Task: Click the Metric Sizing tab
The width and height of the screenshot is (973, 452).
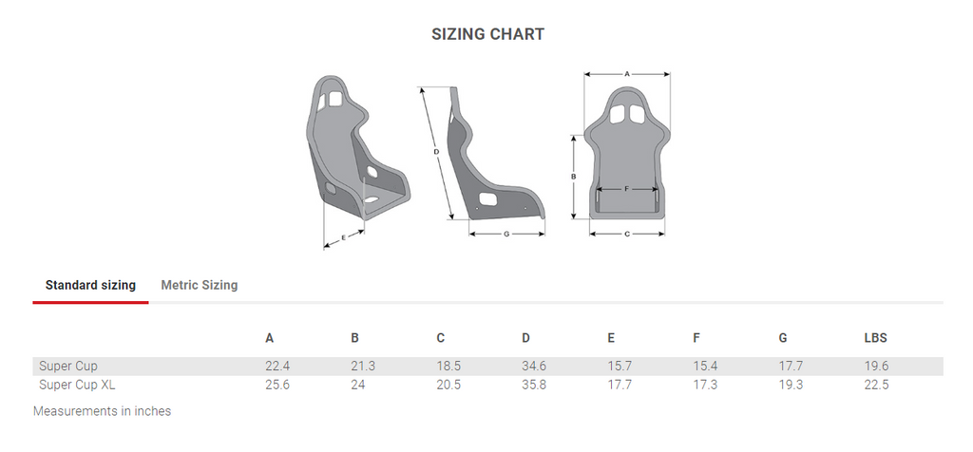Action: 200,285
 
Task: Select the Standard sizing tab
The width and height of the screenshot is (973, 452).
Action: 90,285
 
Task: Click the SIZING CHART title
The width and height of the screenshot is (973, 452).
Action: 487,34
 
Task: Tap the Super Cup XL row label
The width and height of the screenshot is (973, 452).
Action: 77,385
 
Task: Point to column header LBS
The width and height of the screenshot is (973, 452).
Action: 875,338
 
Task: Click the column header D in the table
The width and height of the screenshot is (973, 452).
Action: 525,338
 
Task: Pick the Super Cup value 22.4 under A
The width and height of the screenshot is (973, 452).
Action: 277,366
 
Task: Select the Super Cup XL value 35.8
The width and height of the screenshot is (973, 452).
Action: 534,385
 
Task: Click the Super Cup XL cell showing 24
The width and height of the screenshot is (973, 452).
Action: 358,385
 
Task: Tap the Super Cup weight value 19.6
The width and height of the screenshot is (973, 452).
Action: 876,366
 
